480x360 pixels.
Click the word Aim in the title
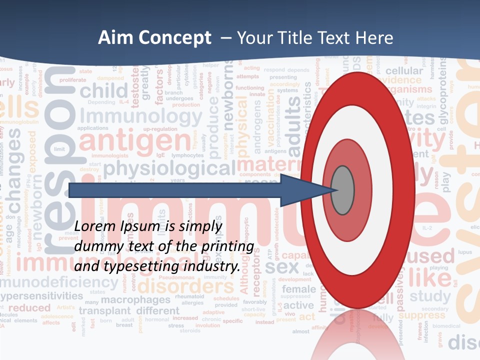click(x=114, y=38)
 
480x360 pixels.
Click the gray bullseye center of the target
click(x=342, y=190)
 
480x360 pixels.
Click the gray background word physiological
click(x=169, y=168)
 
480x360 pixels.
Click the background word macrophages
click(x=135, y=300)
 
